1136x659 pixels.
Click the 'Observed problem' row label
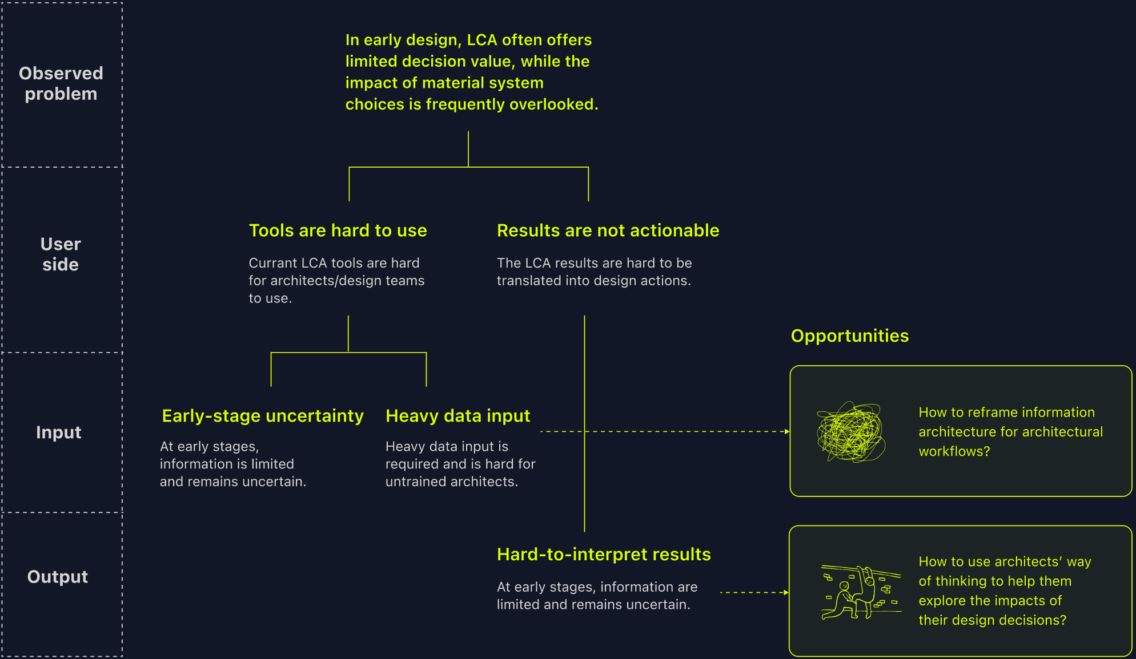coord(61,83)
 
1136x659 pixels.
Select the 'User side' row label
coord(61,254)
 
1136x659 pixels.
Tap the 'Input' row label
coord(59,432)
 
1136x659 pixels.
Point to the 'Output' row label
coord(58,577)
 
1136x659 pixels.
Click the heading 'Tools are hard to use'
coord(338,231)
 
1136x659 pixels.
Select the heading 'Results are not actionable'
coord(608,231)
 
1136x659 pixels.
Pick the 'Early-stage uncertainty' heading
coord(263,416)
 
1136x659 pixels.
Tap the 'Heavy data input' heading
coord(457,416)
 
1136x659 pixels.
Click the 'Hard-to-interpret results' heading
coord(604,555)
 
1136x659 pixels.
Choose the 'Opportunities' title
coord(849,336)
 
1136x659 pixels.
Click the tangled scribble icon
coord(851,432)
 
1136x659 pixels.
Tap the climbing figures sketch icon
coord(861,592)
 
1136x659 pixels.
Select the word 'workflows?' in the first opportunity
coord(954,451)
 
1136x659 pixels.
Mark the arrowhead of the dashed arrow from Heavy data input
coord(787,432)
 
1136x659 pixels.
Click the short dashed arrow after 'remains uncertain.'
coord(754,593)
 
